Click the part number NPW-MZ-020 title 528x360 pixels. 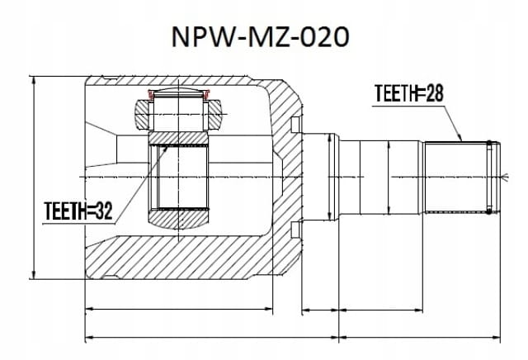[x=260, y=36]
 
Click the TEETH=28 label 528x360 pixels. [x=409, y=93]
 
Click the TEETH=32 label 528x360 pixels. [x=78, y=211]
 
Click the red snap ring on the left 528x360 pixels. [x=151, y=94]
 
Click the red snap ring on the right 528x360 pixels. [x=206, y=94]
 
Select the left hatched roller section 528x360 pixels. [x=142, y=115]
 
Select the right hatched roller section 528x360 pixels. [x=214, y=115]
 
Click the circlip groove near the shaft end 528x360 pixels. [x=489, y=178]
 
